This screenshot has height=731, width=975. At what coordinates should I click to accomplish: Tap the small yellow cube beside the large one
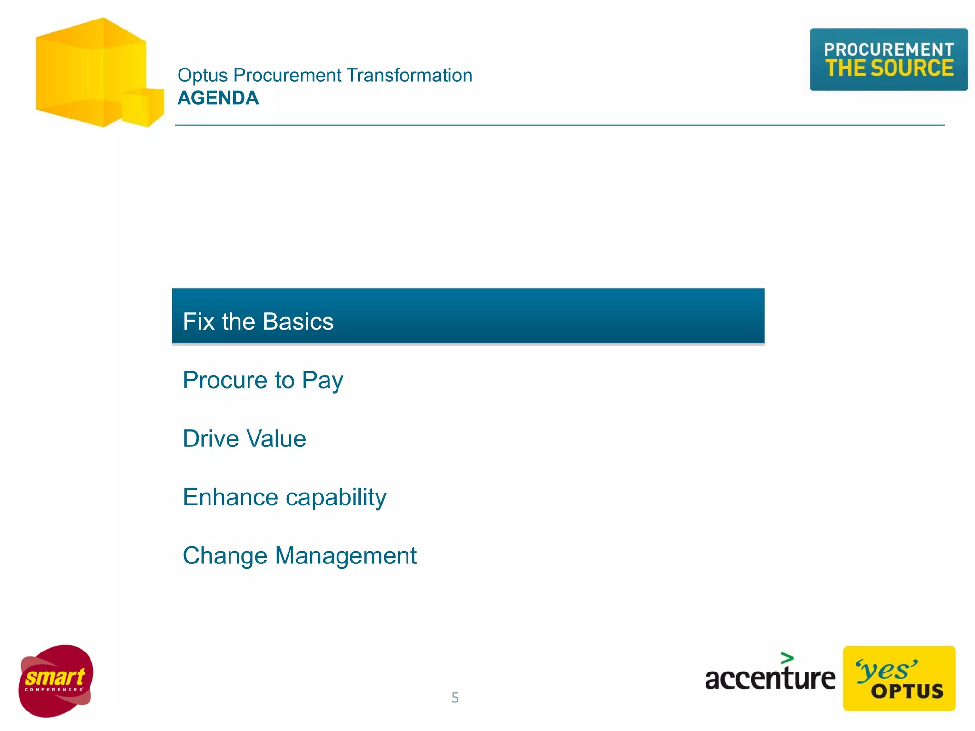tap(143, 107)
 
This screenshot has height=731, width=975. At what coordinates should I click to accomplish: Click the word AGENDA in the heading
tap(218, 98)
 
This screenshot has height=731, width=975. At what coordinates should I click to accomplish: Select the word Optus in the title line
tap(203, 76)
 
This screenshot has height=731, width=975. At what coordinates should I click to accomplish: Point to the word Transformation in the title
tap(409, 76)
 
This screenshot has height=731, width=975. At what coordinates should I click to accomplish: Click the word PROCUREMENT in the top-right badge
tap(888, 49)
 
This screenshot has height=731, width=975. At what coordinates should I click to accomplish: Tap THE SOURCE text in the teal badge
tap(889, 68)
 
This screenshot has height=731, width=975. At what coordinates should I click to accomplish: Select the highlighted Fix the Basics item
tap(468, 316)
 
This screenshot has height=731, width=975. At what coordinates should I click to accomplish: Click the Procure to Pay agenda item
tap(263, 380)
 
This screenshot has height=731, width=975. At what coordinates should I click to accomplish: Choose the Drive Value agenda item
tap(244, 438)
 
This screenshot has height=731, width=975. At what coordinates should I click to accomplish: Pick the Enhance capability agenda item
tap(284, 497)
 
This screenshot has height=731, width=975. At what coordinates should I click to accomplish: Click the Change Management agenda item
tap(299, 556)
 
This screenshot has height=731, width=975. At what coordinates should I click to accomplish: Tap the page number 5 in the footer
tap(455, 698)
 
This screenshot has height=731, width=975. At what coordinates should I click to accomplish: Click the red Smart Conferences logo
tap(56, 681)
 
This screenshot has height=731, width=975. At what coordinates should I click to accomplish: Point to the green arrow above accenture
tap(787, 658)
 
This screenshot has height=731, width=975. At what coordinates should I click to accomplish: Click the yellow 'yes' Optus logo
tap(899, 678)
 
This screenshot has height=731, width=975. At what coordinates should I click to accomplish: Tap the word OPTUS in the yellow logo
tap(907, 691)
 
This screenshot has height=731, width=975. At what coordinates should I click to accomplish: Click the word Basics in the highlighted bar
tap(298, 322)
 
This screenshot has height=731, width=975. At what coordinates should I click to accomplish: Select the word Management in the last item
tap(346, 556)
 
